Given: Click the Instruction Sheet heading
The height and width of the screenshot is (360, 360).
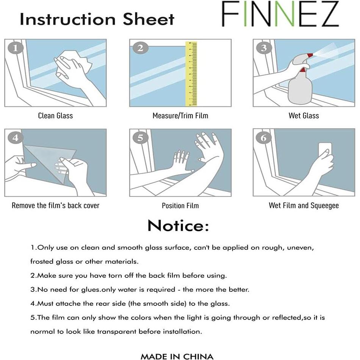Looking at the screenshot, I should pyautogui.click(x=97, y=19).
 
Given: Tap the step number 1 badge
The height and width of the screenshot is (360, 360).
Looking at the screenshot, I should pyautogui.click(x=15, y=48).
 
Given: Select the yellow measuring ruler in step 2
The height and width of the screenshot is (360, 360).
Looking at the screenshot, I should pyautogui.click(x=191, y=74).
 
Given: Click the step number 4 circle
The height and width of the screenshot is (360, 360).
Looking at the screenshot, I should pyautogui.click(x=15, y=138).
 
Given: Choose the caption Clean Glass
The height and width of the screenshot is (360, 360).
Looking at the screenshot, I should pyautogui.click(x=55, y=116).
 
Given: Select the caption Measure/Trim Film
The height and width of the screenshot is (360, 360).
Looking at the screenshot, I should pyautogui.click(x=180, y=116).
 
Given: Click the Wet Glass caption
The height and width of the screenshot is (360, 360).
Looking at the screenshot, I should pyautogui.click(x=304, y=116).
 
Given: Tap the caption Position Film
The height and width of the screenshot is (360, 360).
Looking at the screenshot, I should pyautogui.click(x=180, y=206).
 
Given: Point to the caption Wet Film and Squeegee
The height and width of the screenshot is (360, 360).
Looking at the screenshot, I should pyautogui.click(x=304, y=206).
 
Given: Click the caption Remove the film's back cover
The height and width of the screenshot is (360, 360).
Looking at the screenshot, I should pyautogui.click(x=55, y=206).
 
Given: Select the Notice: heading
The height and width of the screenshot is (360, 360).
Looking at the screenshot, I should pyautogui.click(x=178, y=226).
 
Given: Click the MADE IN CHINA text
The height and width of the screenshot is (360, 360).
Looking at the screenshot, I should pyautogui.click(x=177, y=356).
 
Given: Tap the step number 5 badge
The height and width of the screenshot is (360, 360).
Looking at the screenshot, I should pyautogui.click(x=140, y=138).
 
